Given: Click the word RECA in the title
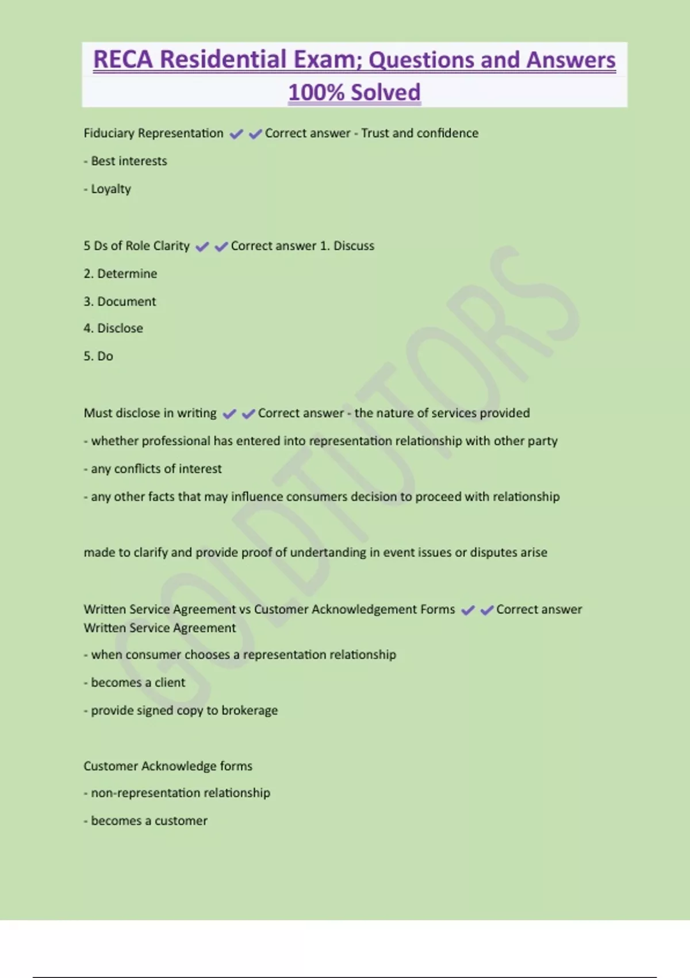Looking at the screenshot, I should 123,60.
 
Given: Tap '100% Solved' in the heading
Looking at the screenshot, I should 354,92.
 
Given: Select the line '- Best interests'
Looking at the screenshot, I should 125,161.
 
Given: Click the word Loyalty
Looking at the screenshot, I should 111,189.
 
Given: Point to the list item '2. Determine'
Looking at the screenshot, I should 120,274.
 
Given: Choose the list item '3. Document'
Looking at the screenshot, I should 120,301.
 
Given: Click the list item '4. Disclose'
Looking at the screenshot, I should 113,328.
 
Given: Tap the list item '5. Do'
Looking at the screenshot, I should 98,356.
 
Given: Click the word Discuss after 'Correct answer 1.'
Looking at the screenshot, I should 354,246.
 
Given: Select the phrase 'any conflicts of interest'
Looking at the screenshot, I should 156,469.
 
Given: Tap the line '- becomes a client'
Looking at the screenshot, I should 135,683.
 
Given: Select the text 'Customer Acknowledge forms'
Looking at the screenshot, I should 168,766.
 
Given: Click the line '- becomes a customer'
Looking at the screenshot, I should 145,821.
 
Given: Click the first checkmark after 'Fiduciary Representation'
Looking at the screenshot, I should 236,134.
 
